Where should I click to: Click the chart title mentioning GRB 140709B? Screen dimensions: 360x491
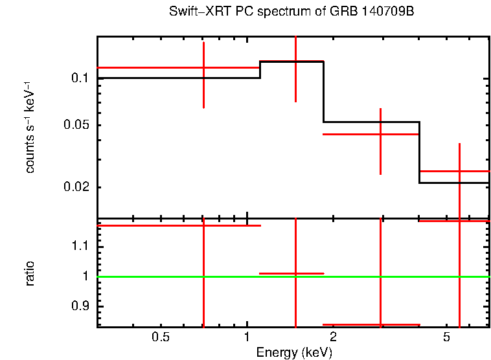[291, 12]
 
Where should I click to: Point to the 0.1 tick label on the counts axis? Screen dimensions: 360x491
[78, 78]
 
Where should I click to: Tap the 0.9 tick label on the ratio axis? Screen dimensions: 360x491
[81, 306]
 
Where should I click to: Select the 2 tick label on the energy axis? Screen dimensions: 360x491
[333, 337]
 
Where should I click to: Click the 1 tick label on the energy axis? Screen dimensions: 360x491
[247, 337]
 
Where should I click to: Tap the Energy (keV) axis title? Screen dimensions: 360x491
[294, 353]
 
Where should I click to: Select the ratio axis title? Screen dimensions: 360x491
[30, 274]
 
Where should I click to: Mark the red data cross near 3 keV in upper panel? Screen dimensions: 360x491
[380, 134]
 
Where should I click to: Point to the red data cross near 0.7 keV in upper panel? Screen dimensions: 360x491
[204, 67]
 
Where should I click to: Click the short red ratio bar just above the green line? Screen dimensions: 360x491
[291, 274]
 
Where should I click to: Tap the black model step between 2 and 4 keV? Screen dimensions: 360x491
[371, 122]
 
